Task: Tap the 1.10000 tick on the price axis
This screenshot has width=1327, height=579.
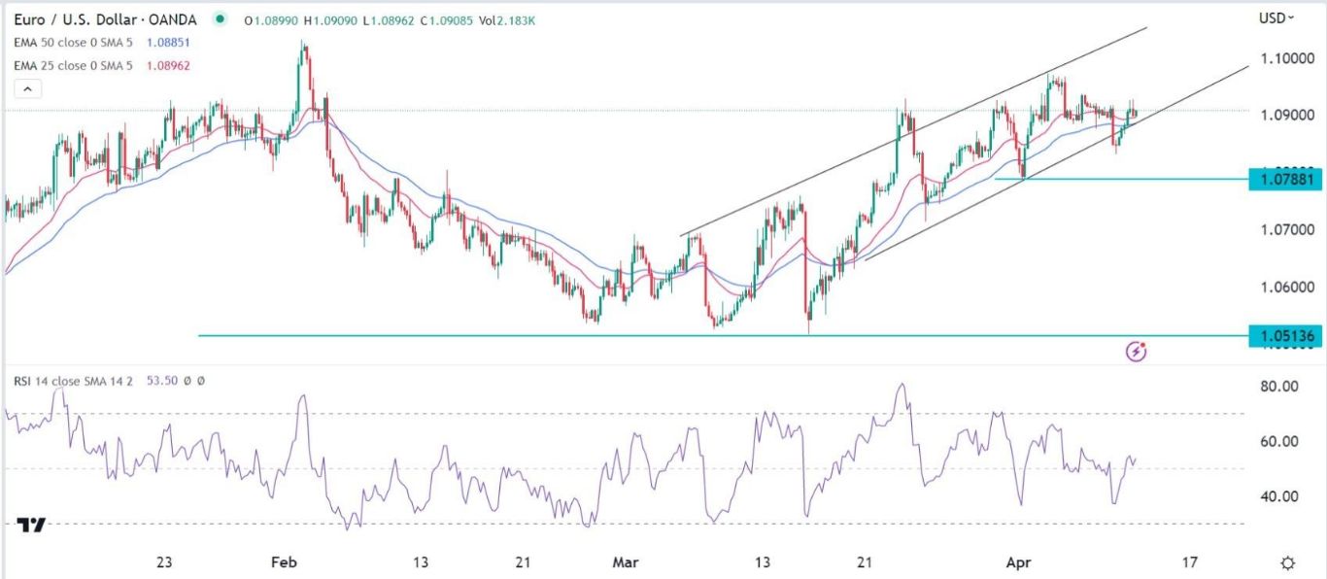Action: click(1288, 58)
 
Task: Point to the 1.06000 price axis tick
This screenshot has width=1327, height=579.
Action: click(1288, 288)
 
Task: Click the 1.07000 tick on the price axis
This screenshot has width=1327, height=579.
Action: click(1288, 230)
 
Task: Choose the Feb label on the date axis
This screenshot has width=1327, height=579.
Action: click(283, 562)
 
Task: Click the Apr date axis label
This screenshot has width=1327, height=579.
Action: click(1017, 562)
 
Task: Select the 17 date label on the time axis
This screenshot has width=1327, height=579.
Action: click(1190, 562)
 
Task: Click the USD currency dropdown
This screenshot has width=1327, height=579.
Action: click(1276, 17)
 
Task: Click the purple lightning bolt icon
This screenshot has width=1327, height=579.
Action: click(1137, 351)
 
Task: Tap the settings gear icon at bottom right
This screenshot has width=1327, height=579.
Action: click(1288, 562)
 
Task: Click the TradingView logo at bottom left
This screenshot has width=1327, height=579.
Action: click(31, 525)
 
